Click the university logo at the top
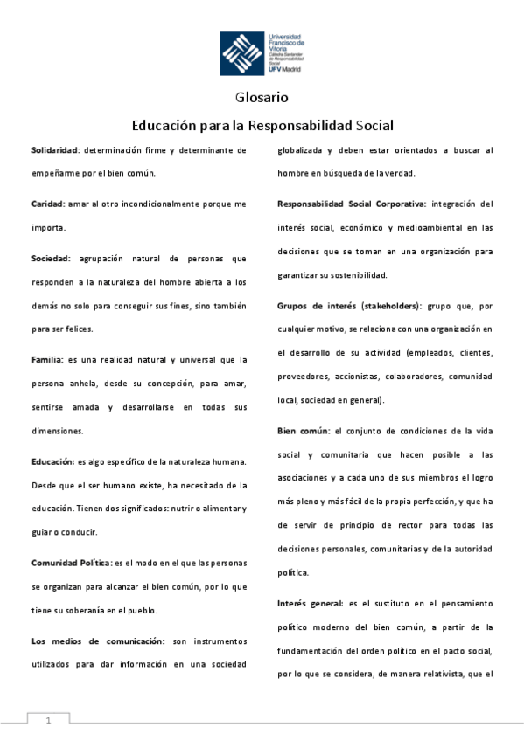tap(262, 52)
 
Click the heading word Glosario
tap(262, 98)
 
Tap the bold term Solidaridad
tap(54, 150)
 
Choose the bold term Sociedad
tap(50, 259)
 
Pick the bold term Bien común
tap(303, 432)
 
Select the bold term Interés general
tap(310, 603)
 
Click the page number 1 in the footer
tap(49, 720)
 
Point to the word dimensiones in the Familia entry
tap(58, 431)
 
